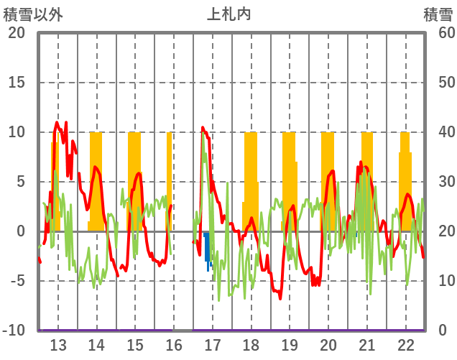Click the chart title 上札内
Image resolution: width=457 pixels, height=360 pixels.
229,14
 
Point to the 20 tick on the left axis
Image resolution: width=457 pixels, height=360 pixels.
17,33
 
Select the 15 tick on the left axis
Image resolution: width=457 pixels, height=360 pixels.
17,83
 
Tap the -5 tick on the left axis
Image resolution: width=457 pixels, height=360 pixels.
17,281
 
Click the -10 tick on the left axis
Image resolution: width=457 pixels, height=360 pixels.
14,331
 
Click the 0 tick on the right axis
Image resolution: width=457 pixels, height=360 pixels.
442,331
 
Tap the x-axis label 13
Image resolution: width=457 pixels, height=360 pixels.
57,344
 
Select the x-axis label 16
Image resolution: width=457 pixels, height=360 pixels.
174,344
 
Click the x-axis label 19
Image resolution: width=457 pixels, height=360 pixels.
290,344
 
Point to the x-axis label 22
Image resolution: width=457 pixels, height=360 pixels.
406,344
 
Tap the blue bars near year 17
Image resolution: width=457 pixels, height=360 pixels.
208,248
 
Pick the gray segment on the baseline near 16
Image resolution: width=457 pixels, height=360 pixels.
183,331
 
